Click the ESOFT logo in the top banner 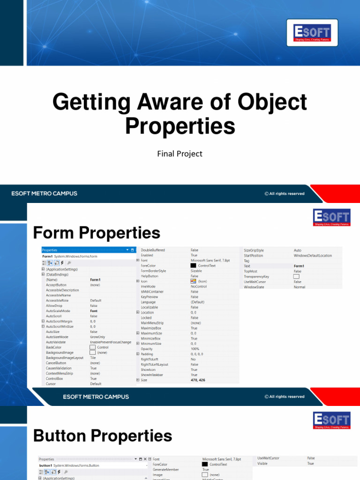click(312, 33)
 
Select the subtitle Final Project click(180, 153)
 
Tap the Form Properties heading click(97, 232)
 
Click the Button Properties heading click(103, 436)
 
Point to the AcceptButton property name click(56, 285)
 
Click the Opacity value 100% click(195, 349)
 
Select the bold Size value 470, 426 click(198, 380)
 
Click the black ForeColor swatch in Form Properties click(193, 266)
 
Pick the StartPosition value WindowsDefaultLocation click(313, 255)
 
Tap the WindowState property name click(255, 287)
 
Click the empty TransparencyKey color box click(296, 277)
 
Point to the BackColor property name click(54, 347)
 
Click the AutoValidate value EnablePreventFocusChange click(111, 342)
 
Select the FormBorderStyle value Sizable click(196, 271)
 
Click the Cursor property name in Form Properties click(51, 384)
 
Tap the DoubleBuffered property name click(153, 250)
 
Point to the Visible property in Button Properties click(262, 463)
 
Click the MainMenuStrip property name click(152, 323)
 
